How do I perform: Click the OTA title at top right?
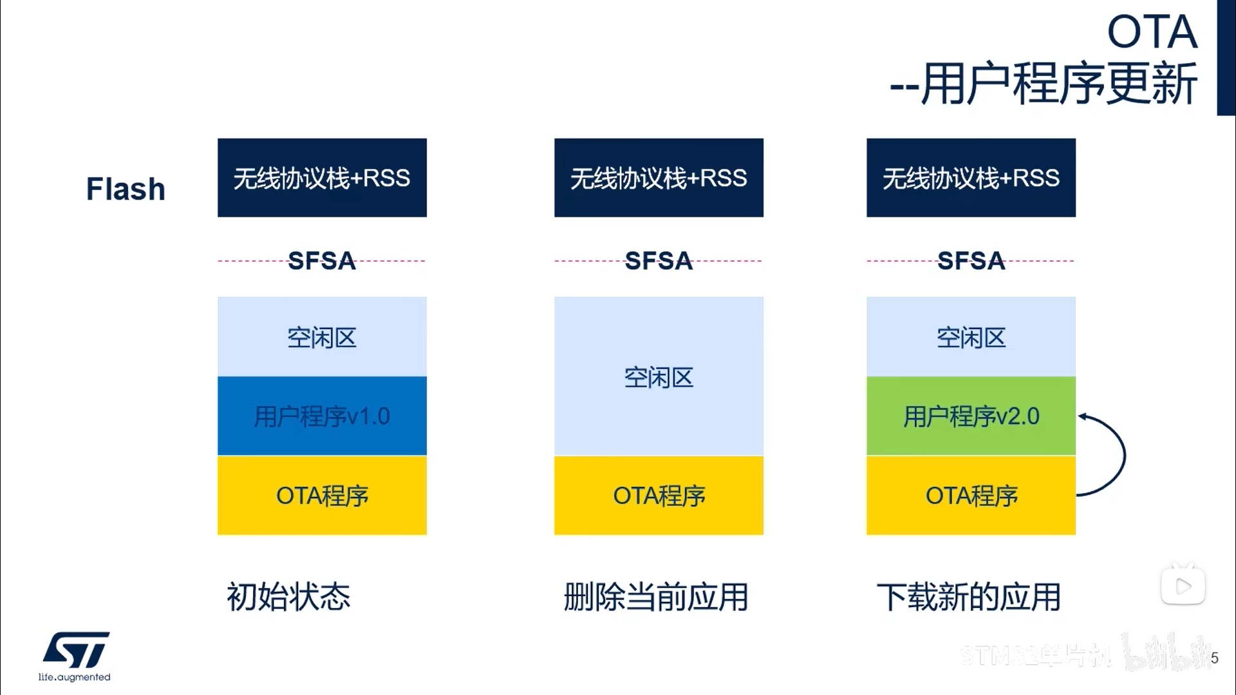click(1152, 32)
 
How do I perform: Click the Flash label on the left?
click(126, 189)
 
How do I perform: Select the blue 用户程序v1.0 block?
click(322, 416)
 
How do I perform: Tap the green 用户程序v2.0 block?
click(971, 416)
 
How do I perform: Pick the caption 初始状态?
click(288, 597)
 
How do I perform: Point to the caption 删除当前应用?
click(656, 597)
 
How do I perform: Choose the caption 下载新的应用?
click(969, 597)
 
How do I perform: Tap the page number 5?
click(1214, 658)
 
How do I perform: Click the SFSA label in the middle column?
click(659, 261)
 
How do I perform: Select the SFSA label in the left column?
click(322, 261)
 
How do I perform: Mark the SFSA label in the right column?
click(971, 261)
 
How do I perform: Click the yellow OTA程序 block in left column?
click(322, 496)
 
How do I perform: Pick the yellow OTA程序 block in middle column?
click(659, 496)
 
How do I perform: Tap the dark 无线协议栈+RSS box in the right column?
click(971, 178)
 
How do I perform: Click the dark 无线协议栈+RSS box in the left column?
click(322, 178)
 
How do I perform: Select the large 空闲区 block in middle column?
click(659, 377)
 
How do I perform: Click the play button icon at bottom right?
click(1183, 586)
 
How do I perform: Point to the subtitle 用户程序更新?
click(1058, 84)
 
